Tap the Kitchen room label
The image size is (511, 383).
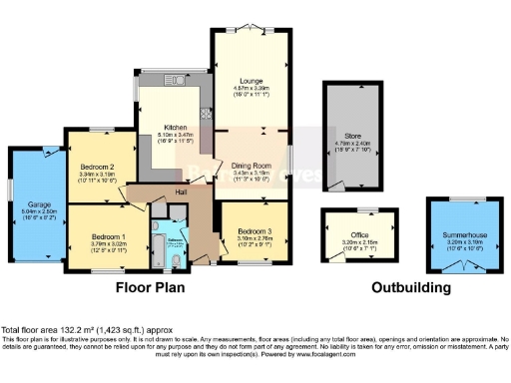coord(175,128)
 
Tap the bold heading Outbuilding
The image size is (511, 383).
coord(410,287)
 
